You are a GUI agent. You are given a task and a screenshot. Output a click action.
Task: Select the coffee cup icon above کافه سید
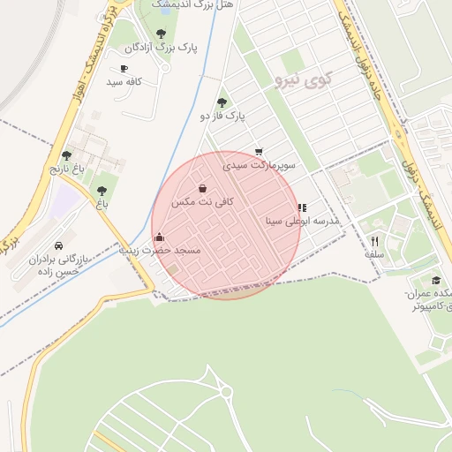124,69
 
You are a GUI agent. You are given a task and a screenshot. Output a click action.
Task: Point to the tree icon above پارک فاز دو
221,102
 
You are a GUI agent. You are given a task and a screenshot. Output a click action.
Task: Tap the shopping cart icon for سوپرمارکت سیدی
258,152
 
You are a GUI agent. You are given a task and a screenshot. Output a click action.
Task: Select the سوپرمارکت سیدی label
260,164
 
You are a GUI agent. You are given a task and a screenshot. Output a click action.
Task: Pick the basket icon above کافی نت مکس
203,188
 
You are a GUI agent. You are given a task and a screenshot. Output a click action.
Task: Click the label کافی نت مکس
203,201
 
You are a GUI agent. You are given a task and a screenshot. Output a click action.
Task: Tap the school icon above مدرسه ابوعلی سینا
302,207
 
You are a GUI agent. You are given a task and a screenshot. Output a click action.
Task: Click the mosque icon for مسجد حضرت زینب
159,237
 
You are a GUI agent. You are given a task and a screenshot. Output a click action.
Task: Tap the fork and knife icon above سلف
374,240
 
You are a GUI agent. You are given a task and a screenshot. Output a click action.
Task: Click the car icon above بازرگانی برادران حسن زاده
58,245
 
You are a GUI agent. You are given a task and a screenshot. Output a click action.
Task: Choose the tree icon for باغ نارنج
65,155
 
